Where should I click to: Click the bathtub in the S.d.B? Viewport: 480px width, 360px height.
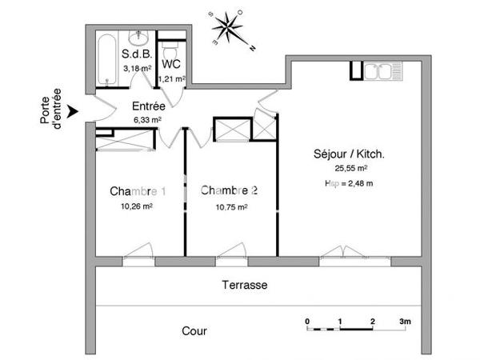point(106,59)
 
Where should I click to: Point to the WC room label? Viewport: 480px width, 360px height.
point(171,64)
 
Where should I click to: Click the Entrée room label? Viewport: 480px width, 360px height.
point(148,106)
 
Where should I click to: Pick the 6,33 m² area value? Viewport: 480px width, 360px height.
point(148,120)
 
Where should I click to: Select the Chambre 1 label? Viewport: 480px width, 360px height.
point(138,191)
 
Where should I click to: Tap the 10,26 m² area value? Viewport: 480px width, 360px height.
point(137,206)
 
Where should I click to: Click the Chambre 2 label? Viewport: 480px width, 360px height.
point(230,190)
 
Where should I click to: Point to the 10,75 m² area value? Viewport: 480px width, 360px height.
point(230,206)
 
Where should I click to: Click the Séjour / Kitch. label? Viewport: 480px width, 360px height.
point(350,154)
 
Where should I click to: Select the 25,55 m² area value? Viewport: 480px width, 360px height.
point(351,169)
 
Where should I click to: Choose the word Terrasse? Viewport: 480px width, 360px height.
point(245,285)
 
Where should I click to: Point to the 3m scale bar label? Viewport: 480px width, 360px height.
point(406,322)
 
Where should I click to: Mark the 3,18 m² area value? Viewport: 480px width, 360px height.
point(137,69)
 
